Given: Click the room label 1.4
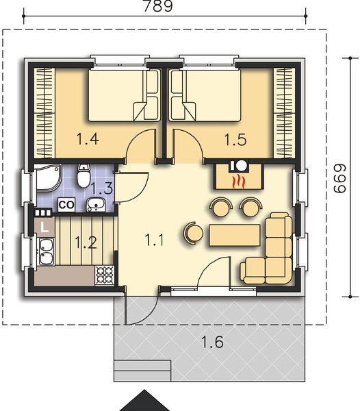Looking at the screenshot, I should (87, 140).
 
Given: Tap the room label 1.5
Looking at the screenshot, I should (235, 140).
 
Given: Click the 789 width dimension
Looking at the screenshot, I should (157, 7).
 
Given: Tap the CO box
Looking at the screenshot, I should (66, 204).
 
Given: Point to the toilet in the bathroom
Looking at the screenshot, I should (84, 176).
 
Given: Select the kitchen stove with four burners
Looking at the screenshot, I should (104, 275).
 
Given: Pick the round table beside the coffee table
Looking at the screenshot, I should (192, 233).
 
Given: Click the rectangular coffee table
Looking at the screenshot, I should (235, 234).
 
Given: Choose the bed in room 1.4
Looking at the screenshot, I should (123, 96).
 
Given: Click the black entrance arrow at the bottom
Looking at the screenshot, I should (144, 401).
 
